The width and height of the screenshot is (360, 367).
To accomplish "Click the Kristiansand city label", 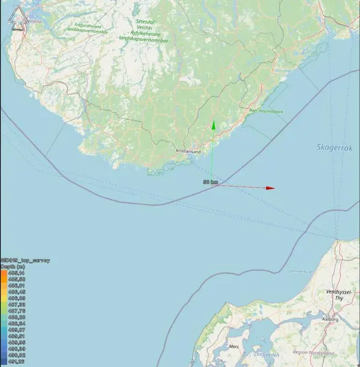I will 187,150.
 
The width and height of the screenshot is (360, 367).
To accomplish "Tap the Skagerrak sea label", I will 331,147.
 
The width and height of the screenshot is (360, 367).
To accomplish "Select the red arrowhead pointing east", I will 270,188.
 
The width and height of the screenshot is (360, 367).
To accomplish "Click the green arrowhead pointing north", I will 213,125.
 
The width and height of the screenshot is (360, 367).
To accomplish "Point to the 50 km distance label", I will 211,182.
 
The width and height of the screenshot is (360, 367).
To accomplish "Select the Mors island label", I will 233,346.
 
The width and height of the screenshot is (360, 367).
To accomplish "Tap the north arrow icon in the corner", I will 17,15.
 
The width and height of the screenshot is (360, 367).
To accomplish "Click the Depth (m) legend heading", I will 12,266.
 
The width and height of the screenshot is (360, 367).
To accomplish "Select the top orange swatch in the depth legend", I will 4,273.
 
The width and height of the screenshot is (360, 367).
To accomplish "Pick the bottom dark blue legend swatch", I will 4,361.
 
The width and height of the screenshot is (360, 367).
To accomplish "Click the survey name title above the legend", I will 25,260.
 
